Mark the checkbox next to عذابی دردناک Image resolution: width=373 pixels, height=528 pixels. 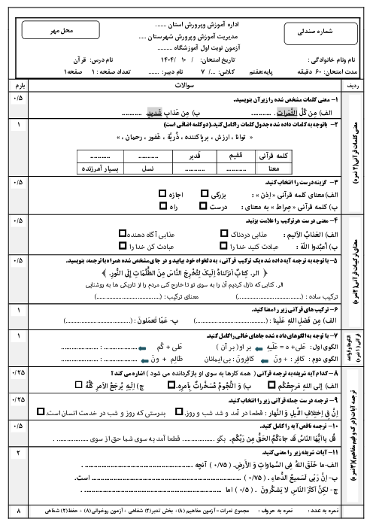click(x=221, y=232)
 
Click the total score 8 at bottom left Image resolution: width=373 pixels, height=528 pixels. click(x=19, y=511)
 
